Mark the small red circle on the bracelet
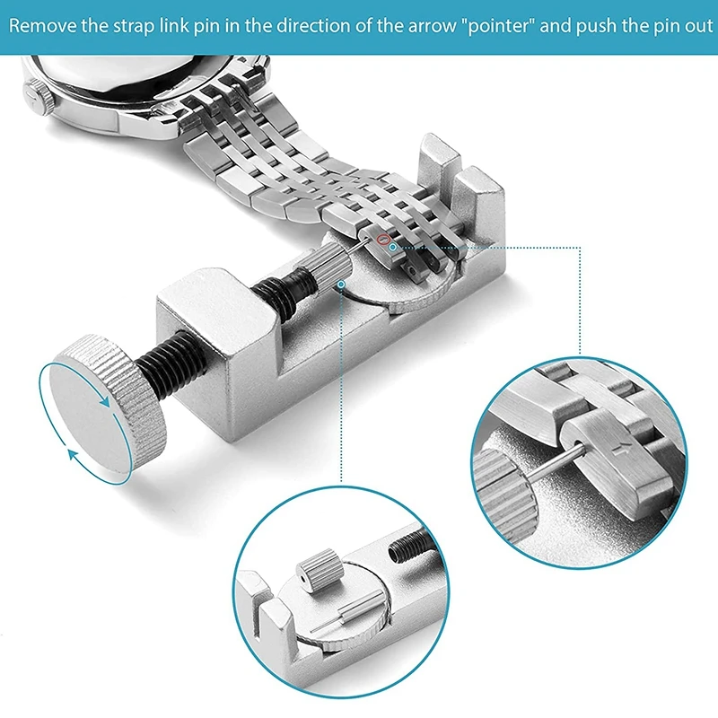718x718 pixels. [x=383, y=240]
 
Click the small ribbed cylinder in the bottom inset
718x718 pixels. [x=316, y=569]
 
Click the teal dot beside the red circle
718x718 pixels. [x=392, y=245]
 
